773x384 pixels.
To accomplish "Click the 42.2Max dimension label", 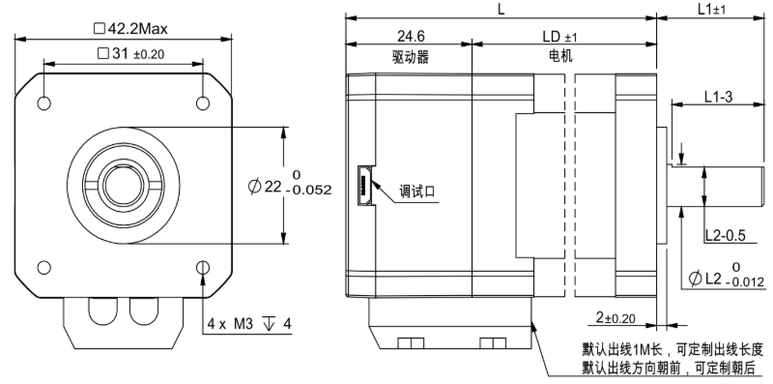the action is tap(130, 29).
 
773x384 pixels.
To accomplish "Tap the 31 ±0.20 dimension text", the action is tap(130, 54).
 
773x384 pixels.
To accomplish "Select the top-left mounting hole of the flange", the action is tap(43, 103).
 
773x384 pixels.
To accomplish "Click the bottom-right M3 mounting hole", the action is tap(203, 268).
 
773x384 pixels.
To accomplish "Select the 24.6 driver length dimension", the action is tap(411, 36).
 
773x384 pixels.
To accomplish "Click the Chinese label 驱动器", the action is tap(411, 57).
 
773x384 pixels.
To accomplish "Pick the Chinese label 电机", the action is tap(560, 56).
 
